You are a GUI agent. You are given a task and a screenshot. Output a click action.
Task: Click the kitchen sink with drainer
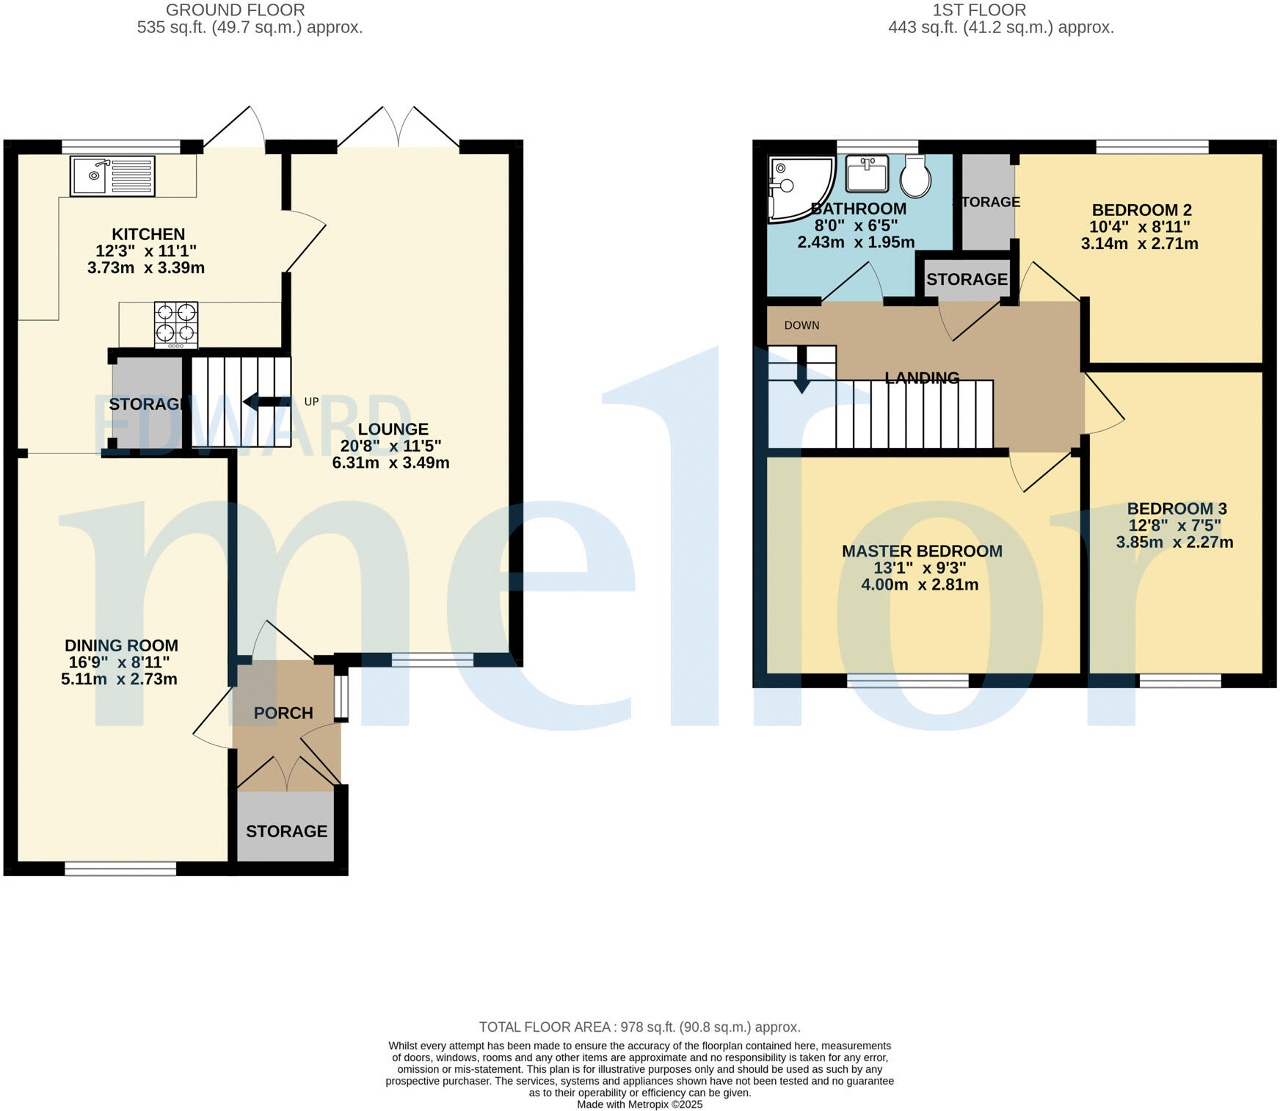tap(112, 175)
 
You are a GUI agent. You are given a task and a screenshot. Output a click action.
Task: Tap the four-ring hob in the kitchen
tap(175, 324)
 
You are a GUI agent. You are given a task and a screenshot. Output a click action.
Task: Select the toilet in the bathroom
tap(915, 176)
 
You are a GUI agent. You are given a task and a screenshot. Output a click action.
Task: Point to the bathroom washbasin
tap(867, 173)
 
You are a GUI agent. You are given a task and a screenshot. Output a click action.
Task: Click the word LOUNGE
tap(393, 429)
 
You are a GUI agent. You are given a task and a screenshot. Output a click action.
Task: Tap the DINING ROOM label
tap(121, 645)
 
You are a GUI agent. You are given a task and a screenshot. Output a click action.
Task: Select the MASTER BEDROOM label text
tap(922, 551)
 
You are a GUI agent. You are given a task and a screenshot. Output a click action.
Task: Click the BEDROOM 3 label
tap(1177, 509)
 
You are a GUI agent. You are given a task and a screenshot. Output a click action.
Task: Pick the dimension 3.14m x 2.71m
tap(1139, 244)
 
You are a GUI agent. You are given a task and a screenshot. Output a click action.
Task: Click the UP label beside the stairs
tap(311, 402)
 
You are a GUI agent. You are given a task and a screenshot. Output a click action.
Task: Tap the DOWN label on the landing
tap(801, 325)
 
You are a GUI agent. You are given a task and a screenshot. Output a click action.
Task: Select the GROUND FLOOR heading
tap(235, 10)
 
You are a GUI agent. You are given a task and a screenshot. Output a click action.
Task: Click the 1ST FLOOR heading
tap(979, 10)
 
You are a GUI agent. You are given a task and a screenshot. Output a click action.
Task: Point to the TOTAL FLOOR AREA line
tap(639, 1027)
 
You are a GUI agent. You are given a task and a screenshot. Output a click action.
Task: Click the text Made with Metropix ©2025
tap(639, 1104)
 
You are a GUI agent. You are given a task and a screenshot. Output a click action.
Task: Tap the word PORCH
tap(283, 713)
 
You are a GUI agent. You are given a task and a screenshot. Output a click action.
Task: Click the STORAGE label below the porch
tap(286, 831)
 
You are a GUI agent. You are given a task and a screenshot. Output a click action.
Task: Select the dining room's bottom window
tap(120, 869)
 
